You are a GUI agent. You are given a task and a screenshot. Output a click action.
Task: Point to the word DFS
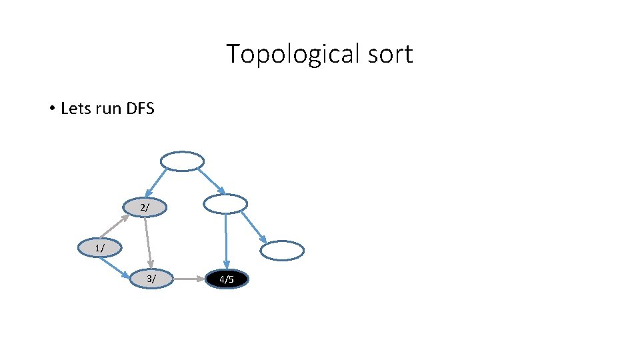(139, 108)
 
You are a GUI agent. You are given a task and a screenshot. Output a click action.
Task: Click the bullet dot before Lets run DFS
(51, 109)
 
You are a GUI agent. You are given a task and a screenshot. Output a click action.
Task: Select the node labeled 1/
(100, 248)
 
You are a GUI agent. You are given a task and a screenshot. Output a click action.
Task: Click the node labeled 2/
(145, 208)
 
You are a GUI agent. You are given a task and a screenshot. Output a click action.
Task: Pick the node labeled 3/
(152, 279)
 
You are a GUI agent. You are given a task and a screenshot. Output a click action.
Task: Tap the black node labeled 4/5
(227, 279)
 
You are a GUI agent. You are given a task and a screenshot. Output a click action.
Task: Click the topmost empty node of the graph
(182, 161)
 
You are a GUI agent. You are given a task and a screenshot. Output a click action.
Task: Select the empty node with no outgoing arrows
(281, 251)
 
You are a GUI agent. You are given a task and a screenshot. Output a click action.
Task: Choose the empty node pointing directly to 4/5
(225, 204)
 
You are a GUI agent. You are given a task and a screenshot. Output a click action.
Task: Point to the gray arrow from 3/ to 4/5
(189, 279)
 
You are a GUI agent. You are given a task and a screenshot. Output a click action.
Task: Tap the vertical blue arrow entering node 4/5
(226, 241)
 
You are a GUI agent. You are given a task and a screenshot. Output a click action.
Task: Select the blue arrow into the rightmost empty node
(254, 227)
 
